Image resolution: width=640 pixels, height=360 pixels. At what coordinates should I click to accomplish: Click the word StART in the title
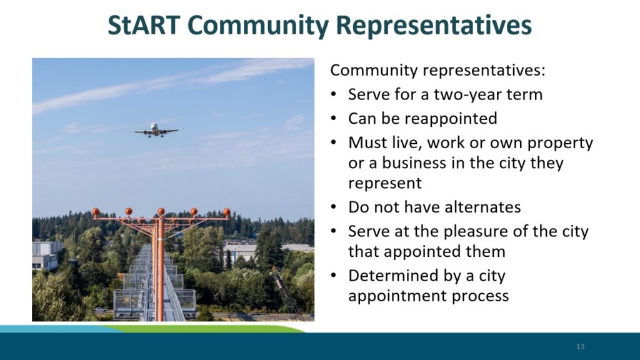(144, 25)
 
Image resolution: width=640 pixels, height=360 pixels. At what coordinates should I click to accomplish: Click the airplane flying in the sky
(156, 130)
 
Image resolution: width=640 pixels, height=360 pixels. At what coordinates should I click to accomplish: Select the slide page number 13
(581, 346)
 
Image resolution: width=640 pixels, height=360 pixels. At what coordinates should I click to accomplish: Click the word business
(414, 163)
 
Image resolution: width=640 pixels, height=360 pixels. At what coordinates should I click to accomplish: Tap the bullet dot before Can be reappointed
(334, 119)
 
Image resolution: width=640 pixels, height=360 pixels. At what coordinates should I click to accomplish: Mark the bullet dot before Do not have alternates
(334, 207)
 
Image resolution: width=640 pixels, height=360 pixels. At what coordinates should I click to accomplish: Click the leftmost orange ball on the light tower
(96, 211)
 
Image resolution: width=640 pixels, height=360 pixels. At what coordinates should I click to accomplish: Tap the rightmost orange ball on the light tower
(226, 212)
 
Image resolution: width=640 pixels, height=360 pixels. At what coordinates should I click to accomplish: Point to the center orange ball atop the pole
(161, 211)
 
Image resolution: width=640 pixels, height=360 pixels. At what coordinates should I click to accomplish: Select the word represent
(385, 183)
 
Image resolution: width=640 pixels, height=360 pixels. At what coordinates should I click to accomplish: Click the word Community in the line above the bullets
(374, 70)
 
